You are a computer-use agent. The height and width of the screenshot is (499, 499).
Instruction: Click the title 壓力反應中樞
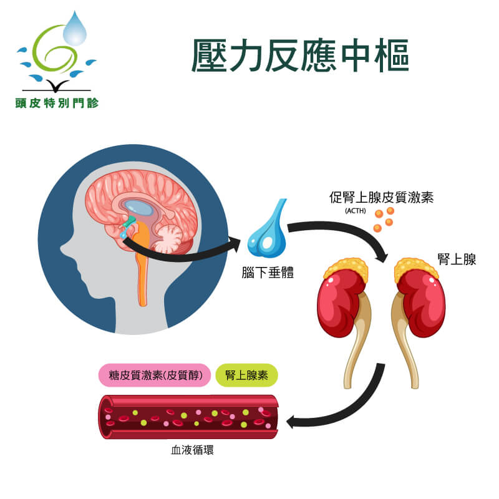coord(300,56)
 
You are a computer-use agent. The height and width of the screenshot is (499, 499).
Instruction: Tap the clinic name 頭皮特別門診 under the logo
coord(57,103)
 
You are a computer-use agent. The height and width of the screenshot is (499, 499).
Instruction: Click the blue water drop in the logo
coord(75,29)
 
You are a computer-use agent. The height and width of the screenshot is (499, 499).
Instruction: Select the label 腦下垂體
coord(268,273)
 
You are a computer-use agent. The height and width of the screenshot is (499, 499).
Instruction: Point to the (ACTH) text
coord(356,211)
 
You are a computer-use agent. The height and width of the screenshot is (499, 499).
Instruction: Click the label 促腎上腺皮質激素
coord(381,197)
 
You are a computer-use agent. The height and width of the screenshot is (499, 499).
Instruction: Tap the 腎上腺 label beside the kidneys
coord(457,259)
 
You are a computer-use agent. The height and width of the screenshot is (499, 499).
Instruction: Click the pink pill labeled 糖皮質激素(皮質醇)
coord(155,375)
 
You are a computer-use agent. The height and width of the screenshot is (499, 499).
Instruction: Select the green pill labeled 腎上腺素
coord(246,375)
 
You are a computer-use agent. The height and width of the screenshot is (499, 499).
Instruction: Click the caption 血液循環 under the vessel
coord(193,450)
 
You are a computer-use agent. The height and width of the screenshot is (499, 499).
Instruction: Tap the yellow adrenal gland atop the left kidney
coord(346,269)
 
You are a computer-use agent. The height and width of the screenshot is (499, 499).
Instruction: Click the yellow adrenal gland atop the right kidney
coord(415,269)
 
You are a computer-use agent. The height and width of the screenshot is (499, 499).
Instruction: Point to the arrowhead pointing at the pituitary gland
coord(235,245)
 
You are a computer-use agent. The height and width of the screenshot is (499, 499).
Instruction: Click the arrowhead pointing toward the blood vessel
coord(291,422)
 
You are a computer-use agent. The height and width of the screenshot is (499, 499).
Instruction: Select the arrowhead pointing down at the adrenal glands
coord(382,256)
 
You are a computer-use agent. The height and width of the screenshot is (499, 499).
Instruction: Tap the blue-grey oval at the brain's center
coord(138,208)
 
